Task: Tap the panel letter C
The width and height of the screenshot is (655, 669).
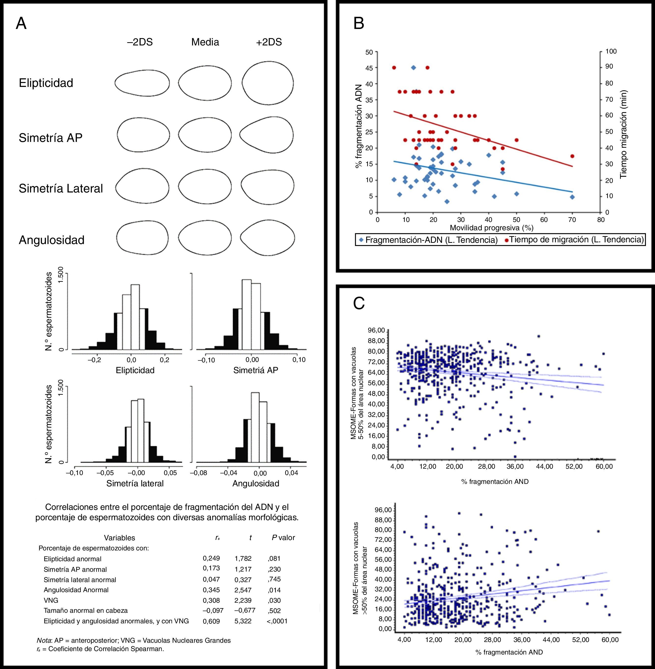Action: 359,303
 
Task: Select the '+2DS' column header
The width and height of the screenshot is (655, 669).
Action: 269,42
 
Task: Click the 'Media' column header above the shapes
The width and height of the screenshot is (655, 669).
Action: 205,42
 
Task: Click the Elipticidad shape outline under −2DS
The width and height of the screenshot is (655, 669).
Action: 142,83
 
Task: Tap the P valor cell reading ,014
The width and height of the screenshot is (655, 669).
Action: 274,590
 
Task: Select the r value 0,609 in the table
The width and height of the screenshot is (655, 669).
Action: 211,621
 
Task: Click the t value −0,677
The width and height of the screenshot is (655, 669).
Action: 243,611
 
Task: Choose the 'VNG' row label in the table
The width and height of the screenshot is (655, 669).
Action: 51,600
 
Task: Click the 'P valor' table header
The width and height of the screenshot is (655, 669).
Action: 283,538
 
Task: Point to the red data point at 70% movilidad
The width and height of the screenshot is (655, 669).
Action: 572,156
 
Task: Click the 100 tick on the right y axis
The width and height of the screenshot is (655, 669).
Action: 611,52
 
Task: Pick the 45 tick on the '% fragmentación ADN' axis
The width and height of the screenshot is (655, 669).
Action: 369,68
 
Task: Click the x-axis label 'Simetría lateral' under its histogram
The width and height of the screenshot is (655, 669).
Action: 135,483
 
